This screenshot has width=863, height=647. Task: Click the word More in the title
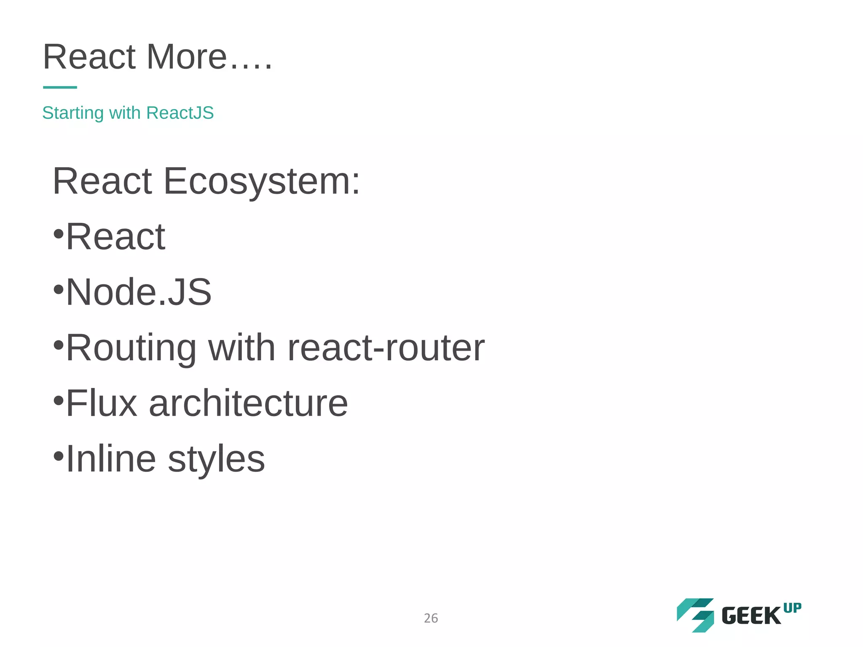coord(186,57)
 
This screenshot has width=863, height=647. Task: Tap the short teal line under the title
coord(60,87)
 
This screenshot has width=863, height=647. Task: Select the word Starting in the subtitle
coord(73,113)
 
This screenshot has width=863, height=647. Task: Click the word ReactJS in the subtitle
coord(180,113)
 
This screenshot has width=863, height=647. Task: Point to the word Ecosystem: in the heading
coord(261,182)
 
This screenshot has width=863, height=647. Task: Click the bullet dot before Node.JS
coord(59,289)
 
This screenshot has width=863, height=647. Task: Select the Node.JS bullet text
coord(139,292)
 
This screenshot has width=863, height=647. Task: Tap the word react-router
coord(386,348)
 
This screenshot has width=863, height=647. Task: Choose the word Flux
coord(102,404)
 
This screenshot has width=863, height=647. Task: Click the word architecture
coord(248,404)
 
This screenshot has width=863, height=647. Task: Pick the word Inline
coord(111,459)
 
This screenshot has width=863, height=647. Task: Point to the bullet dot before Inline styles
coord(59,456)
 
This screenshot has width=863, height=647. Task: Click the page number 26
coord(431,618)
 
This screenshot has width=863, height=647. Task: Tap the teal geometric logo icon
coord(695,615)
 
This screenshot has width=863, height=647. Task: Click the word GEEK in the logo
coord(751,616)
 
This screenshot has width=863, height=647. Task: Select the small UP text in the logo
coord(792,608)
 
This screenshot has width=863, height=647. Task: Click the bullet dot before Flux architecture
coord(59,401)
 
